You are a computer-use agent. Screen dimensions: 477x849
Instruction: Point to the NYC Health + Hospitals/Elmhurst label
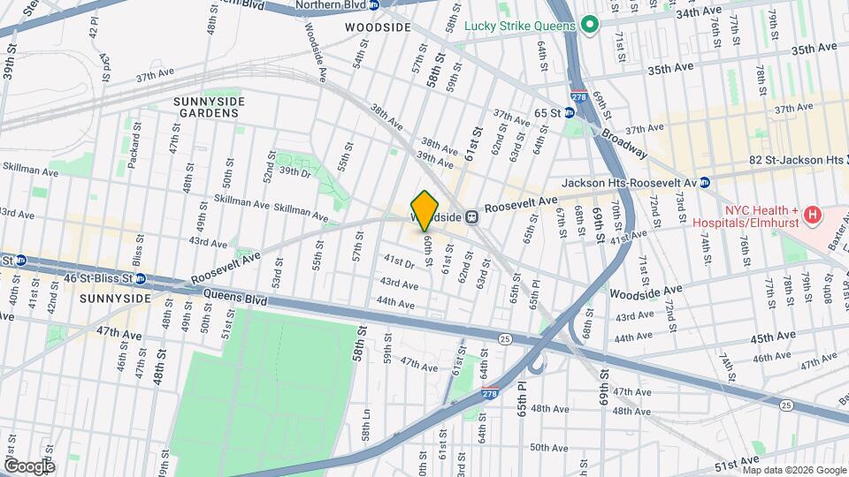click(761, 217)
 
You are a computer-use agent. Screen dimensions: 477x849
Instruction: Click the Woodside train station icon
click(473, 216)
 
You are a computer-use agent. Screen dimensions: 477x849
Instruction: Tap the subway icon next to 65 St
click(570, 113)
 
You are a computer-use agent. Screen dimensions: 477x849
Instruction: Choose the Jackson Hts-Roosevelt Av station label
click(629, 183)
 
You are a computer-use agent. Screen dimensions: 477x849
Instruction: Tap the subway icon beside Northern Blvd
click(374, 5)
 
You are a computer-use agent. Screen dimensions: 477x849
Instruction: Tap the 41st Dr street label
click(398, 262)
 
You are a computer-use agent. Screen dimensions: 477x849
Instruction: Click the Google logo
click(29, 466)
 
